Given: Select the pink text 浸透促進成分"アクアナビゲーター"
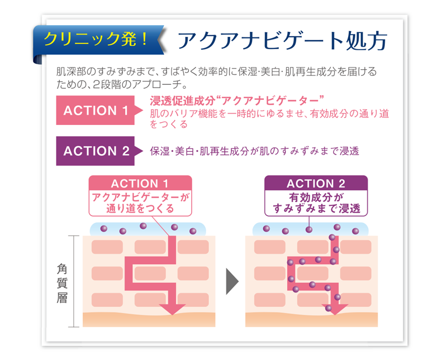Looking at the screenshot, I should click(237, 101).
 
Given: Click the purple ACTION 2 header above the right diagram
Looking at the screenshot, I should click(316, 184).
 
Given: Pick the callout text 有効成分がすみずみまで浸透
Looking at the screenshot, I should click(316, 203).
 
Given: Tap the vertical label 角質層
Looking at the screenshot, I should click(61, 283).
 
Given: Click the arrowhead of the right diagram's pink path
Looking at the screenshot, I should click(335, 309).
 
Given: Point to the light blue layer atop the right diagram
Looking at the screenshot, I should click(311, 229).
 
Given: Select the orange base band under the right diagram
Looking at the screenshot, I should click(311, 320).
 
